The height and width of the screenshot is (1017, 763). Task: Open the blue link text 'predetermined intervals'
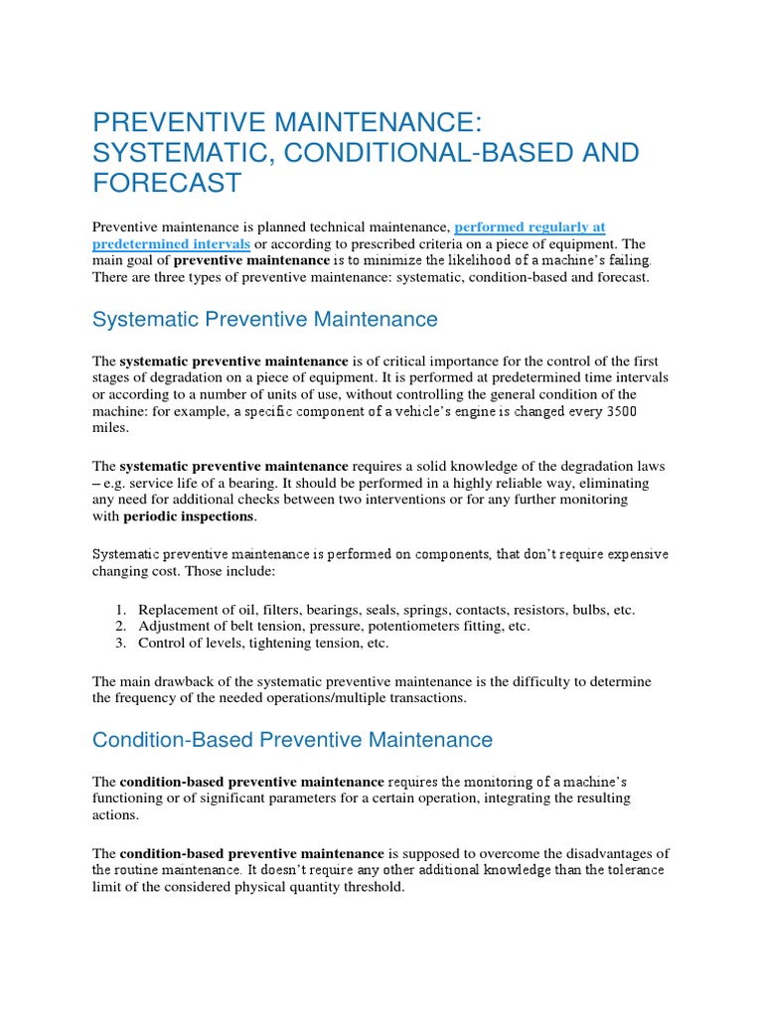click(171, 243)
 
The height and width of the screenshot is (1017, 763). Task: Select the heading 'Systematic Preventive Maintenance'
click(264, 319)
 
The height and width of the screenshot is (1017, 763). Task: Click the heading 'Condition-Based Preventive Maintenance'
click(292, 740)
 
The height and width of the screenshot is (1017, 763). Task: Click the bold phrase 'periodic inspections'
click(189, 516)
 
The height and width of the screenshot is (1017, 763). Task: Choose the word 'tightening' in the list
click(275, 644)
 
